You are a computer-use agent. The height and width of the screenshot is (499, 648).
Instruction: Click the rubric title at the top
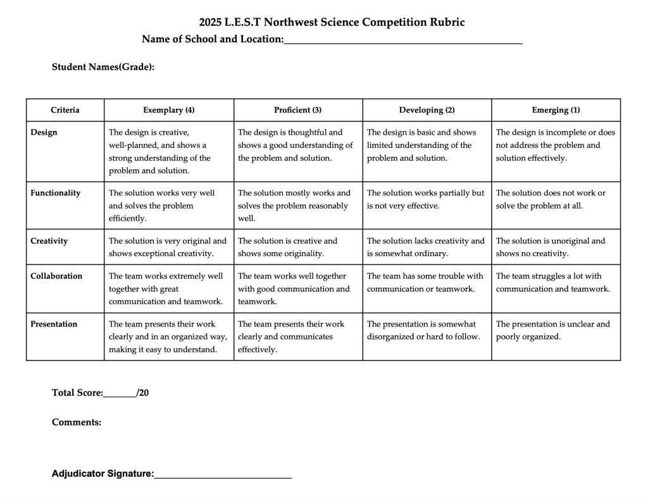(x=332, y=22)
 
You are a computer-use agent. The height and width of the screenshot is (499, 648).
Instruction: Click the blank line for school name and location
(x=403, y=40)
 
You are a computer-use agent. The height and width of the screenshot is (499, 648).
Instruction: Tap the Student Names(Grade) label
(x=103, y=66)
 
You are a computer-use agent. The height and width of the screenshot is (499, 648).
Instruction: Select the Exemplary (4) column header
(x=169, y=110)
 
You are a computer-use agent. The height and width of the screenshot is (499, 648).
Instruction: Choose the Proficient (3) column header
(x=298, y=110)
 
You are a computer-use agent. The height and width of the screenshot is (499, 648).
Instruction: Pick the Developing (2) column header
(x=427, y=110)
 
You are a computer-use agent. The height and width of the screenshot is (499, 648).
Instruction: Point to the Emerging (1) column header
(x=556, y=110)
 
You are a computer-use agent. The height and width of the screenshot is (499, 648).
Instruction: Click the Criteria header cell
(x=65, y=110)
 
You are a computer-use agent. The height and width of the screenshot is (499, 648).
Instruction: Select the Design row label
(x=44, y=132)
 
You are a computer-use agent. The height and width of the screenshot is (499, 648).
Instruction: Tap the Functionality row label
(x=56, y=193)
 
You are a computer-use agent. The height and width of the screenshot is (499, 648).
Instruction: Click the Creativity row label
(x=49, y=241)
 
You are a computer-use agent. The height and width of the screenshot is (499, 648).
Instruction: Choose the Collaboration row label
(x=56, y=276)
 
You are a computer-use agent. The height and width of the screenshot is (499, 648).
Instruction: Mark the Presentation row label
(x=54, y=324)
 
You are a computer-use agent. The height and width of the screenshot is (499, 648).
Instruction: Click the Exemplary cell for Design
(x=168, y=151)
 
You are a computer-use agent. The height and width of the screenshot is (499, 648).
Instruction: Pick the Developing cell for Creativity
(x=427, y=247)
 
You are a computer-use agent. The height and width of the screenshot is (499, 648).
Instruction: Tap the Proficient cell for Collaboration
(x=297, y=288)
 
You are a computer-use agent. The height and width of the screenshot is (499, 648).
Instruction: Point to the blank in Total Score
(x=120, y=393)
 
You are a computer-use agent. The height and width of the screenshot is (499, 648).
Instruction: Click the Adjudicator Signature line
(x=223, y=474)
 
